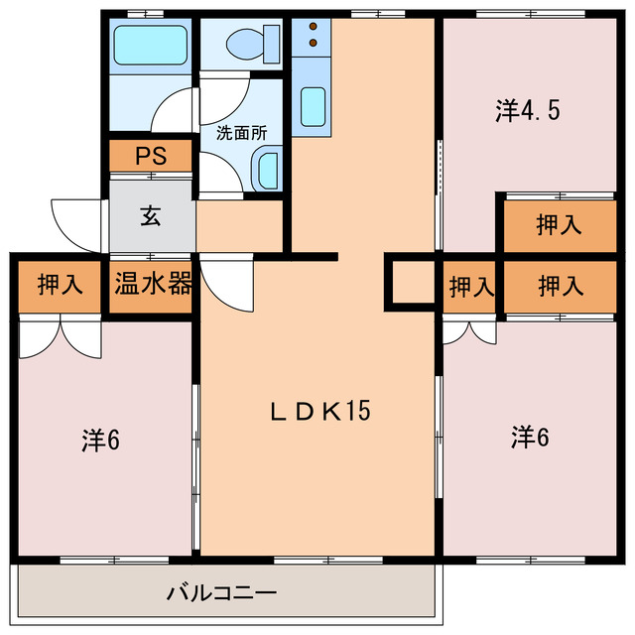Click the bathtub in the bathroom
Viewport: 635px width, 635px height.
click(x=150, y=45)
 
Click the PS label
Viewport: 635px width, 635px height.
click(x=150, y=157)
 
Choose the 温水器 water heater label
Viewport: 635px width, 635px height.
click(x=152, y=286)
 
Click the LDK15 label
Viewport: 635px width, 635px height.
click(x=321, y=410)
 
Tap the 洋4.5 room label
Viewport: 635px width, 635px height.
click(x=528, y=109)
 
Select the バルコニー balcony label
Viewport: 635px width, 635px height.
click(x=221, y=594)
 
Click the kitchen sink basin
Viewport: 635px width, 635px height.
click(x=313, y=104)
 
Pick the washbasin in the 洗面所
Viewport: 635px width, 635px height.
click(x=265, y=170)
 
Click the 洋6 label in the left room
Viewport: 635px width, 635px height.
click(x=100, y=440)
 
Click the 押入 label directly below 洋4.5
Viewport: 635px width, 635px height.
click(x=560, y=225)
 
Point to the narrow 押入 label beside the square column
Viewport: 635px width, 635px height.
click(x=470, y=288)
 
